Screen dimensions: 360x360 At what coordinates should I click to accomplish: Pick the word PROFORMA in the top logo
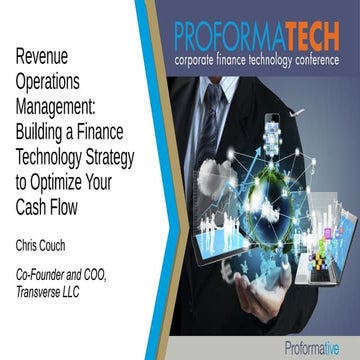tap(230, 38)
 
